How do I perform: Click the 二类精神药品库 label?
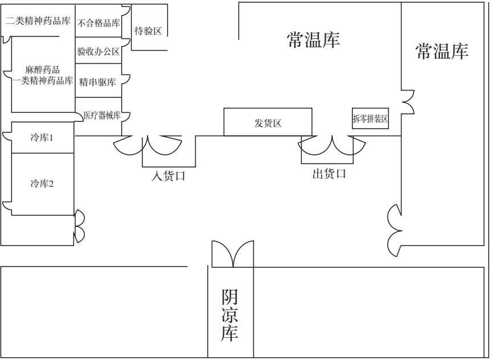tap(38, 22)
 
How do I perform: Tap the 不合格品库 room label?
tap(99, 23)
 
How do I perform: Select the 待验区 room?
tap(148, 31)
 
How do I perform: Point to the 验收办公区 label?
tap(99, 52)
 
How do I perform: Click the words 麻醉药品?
tap(42, 70)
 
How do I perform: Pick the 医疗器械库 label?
tap(101, 116)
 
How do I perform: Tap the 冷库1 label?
tap(42, 138)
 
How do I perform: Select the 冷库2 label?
tap(42, 183)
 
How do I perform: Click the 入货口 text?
tap(169, 177)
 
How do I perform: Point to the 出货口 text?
tap(329, 174)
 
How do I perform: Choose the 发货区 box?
tap(268, 122)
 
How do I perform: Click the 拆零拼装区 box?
tap(370, 119)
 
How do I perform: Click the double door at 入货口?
tap(148, 144)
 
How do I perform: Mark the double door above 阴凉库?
tap(232, 254)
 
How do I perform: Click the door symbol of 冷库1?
tap(7, 137)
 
